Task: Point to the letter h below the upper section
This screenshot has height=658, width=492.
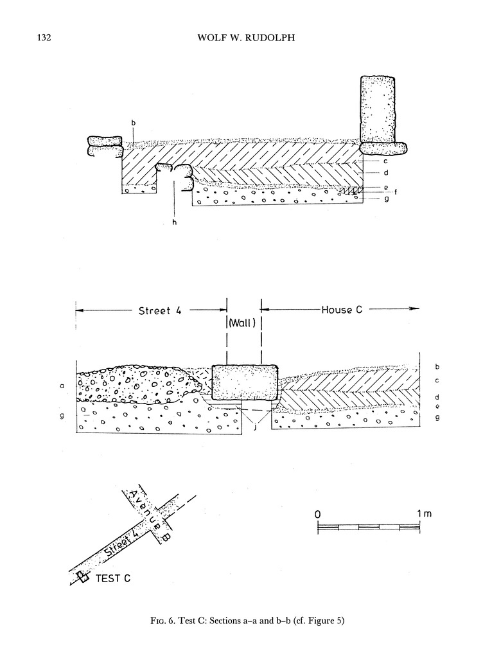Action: coord(174,222)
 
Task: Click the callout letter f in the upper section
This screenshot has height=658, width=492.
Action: coord(377,191)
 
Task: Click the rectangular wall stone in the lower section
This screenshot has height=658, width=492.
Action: coord(244,383)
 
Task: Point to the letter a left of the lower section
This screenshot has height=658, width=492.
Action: coord(62,386)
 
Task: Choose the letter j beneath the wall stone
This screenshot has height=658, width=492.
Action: coord(256,427)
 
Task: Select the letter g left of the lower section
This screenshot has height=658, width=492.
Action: coord(62,417)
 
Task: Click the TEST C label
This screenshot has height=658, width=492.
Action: coord(113,578)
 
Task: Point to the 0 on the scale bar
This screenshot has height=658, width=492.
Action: coord(318,515)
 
